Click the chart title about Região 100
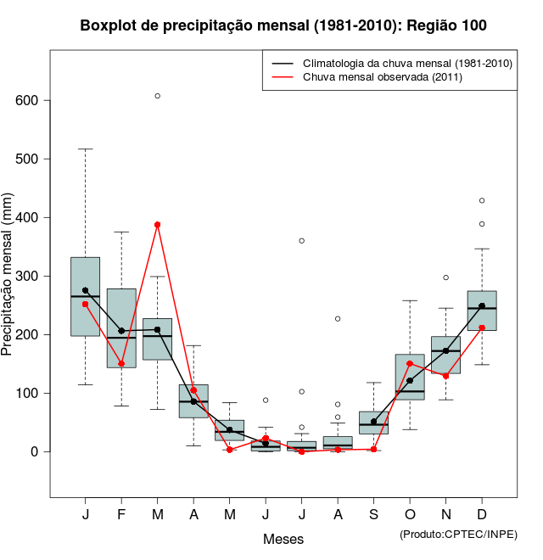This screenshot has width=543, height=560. coord(283,25)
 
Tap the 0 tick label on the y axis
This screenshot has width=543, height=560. coord(34,451)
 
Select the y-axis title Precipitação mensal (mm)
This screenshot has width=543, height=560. coord(8,284)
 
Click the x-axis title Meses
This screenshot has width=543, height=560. coord(283,539)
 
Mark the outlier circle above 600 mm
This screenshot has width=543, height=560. coord(157,96)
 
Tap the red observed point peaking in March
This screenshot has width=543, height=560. coord(157,225)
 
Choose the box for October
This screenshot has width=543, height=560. coord(410,377)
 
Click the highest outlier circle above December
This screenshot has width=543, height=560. coord(482,201)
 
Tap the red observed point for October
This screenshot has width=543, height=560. coord(410,363)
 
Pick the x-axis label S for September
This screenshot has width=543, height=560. coord(374,515)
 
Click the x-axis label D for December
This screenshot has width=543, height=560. coord(482,515)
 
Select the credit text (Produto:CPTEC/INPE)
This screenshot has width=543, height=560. coord(458,534)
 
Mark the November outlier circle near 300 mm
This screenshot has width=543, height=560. coord(445,277)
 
